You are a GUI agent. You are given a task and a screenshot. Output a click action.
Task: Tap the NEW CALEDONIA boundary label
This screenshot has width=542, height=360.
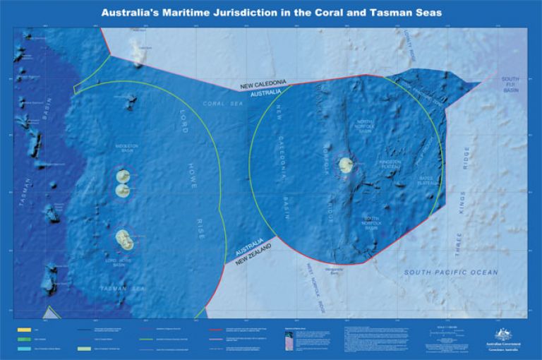pos(263,86)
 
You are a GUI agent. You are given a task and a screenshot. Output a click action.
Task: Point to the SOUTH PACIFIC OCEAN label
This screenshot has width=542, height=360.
pos(450,272)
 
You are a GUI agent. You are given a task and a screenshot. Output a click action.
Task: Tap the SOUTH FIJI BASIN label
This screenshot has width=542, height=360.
pos(510,85)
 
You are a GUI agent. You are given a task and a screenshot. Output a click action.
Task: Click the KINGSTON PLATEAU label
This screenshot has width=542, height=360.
pos(390,164)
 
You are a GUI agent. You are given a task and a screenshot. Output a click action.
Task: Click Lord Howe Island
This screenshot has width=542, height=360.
pos(126,239)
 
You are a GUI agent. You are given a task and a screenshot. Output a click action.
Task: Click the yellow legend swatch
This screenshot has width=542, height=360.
pos(23,328)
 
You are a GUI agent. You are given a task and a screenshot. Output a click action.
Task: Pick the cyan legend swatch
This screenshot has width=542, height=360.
pos(23,348)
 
